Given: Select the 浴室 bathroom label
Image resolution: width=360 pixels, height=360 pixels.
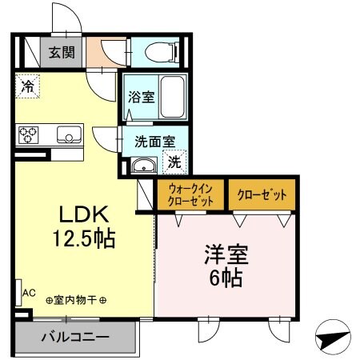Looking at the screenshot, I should pyautogui.click(x=142, y=97).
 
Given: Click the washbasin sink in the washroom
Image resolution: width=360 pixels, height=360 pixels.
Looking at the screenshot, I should pyautogui.click(x=145, y=166).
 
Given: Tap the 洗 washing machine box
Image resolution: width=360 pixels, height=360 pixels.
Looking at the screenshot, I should pyautogui.click(x=175, y=162).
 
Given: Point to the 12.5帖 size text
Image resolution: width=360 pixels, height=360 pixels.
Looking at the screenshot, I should pyautogui.click(x=83, y=238).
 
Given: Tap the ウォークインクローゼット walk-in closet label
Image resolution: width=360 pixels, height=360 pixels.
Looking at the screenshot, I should pyautogui.click(x=190, y=194).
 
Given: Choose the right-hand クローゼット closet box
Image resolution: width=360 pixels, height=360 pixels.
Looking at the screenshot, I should pyautogui.click(x=262, y=194).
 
